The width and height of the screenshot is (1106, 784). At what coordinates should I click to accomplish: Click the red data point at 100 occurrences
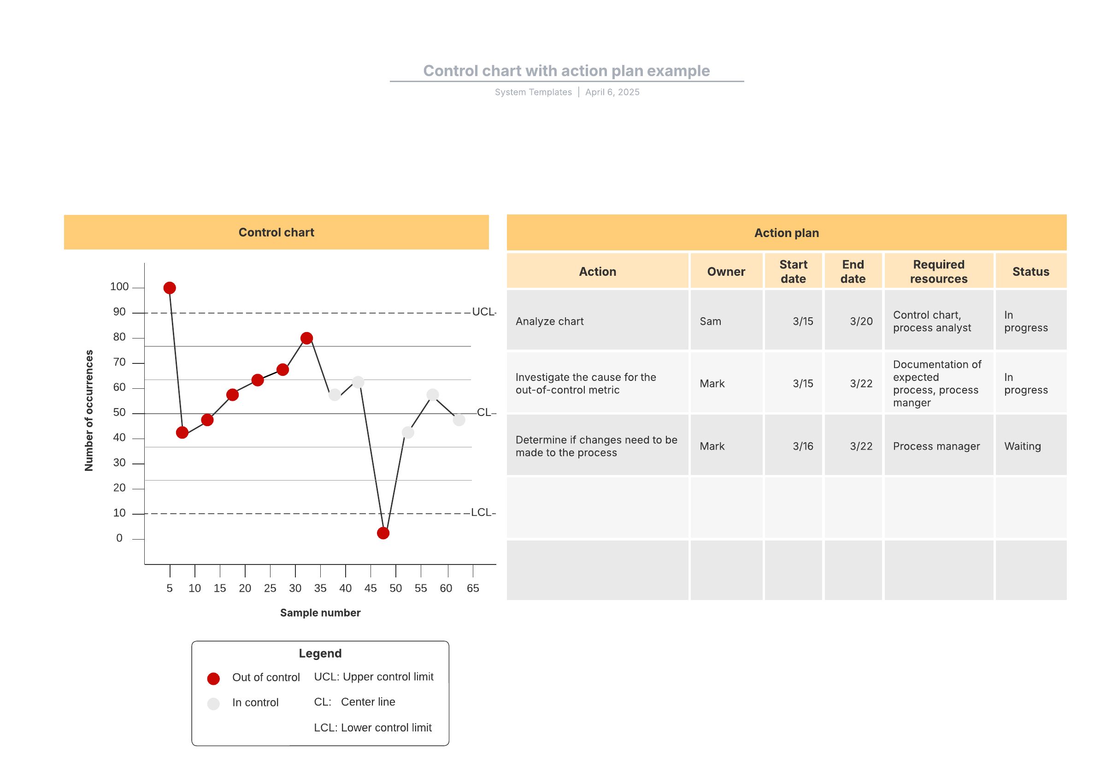(x=169, y=288)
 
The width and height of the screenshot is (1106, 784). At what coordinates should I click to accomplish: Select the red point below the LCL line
(x=383, y=533)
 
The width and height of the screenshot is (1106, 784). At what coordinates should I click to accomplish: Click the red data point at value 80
(x=306, y=338)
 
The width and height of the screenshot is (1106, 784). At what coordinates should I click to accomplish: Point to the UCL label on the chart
(x=483, y=311)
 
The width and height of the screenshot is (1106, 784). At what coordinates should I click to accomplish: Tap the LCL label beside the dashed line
(x=482, y=512)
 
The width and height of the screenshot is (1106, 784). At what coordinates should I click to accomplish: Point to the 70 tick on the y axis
(x=119, y=362)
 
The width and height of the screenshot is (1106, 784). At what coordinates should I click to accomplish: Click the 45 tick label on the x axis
(x=371, y=588)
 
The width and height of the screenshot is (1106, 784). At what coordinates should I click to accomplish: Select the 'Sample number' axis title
(x=320, y=612)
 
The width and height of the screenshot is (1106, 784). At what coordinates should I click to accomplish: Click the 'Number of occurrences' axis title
(x=89, y=410)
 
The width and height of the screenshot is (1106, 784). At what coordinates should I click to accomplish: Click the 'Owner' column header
(x=726, y=271)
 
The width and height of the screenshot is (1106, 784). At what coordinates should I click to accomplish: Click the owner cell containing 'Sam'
(x=711, y=321)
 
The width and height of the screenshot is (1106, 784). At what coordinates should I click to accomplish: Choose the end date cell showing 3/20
(x=861, y=321)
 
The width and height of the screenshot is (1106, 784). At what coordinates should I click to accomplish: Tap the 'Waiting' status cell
(x=1022, y=446)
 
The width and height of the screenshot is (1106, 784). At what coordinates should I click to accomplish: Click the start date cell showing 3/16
(x=803, y=446)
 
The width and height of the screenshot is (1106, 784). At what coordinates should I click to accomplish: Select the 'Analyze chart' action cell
(x=549, y=321)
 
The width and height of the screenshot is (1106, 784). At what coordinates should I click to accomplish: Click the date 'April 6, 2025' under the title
(x=612, y=92)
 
